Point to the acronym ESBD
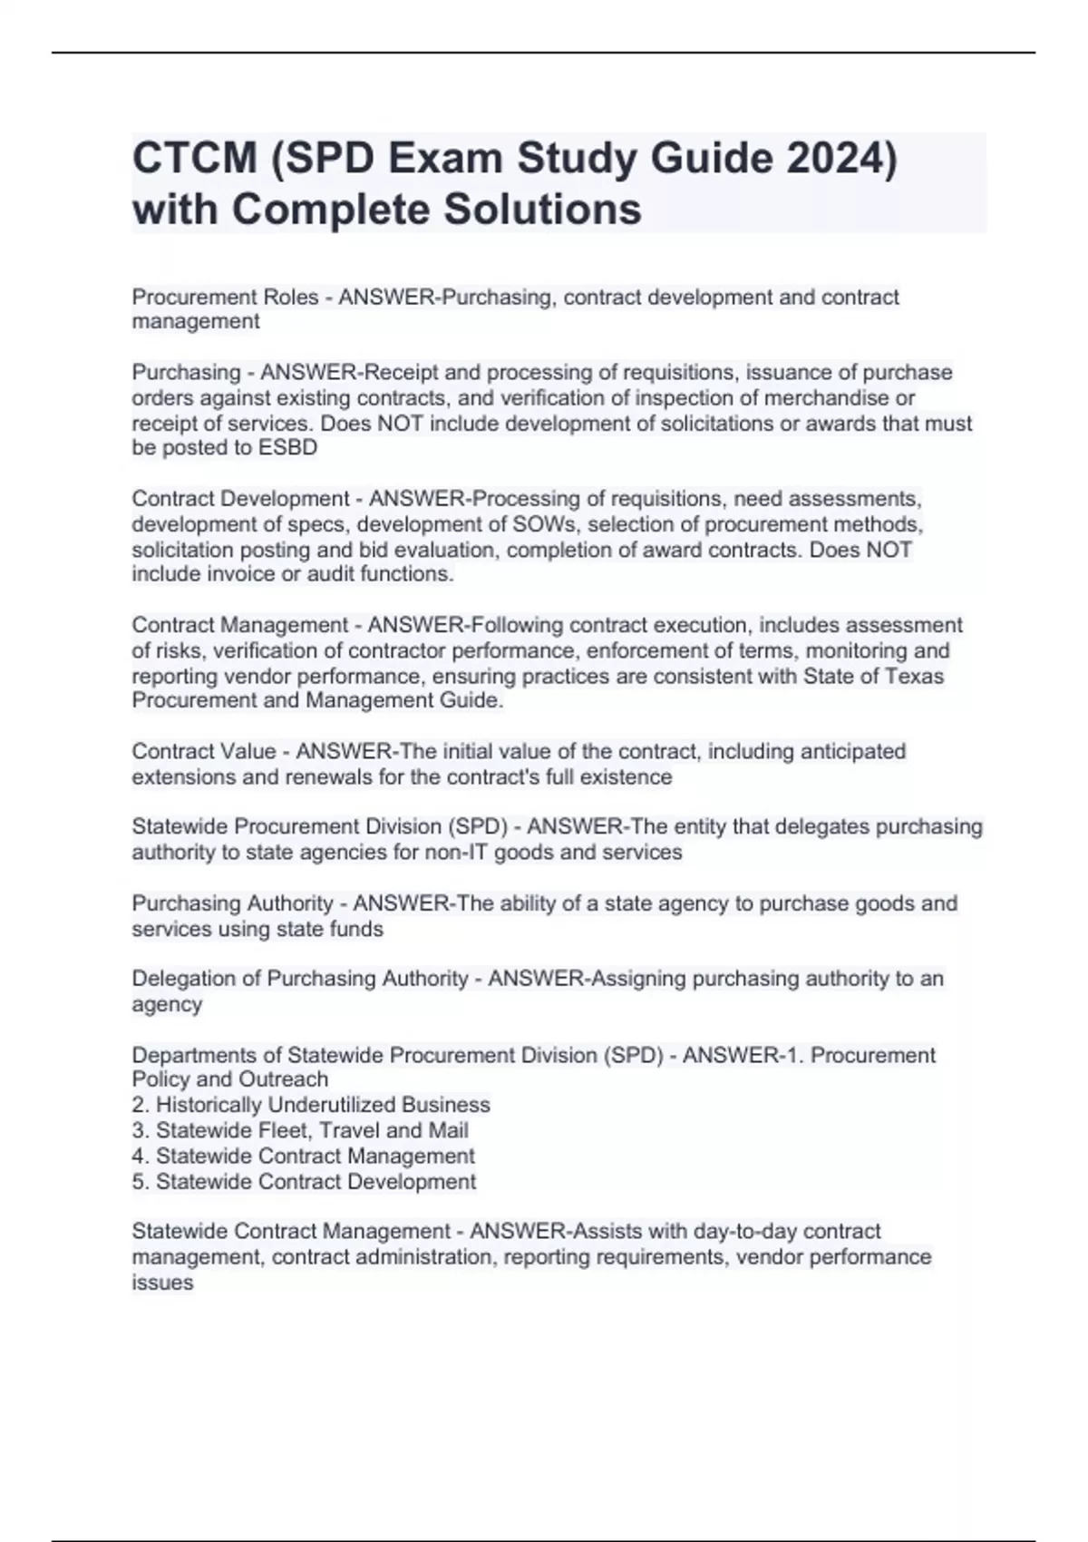[287, 448]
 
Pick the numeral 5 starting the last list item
[138, 1182]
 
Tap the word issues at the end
[162, 1283]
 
